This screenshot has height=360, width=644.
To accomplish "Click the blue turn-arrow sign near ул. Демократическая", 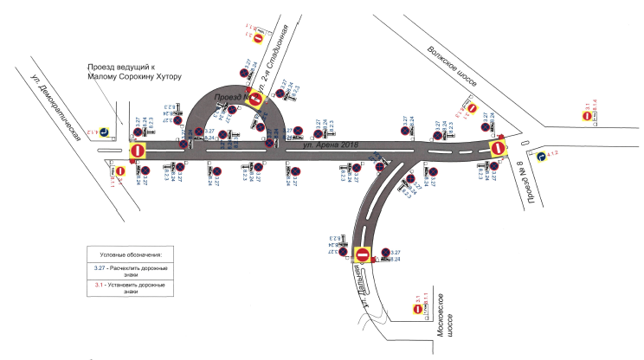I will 103,132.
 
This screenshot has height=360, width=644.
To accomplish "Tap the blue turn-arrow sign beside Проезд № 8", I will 541,157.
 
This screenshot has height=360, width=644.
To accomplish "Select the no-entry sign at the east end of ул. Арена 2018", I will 498,149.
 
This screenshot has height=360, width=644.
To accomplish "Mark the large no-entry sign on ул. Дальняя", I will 363,255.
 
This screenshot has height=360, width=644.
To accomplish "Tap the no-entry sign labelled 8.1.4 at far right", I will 585,117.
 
